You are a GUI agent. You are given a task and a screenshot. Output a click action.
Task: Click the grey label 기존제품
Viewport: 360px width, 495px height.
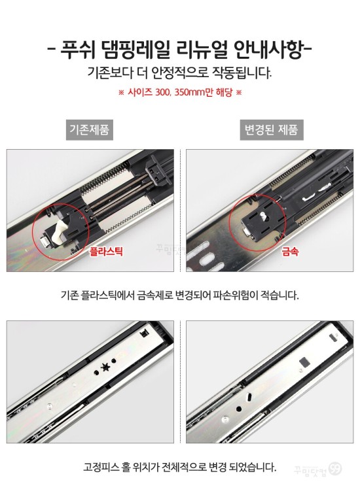pos(90,129)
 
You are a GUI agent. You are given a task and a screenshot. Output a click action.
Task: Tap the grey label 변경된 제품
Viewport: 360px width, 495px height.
pos(272,129)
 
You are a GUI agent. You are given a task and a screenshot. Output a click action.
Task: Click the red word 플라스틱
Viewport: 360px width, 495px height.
pos(106,252)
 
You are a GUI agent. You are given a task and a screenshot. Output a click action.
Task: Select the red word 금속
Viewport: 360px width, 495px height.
pos(290,252)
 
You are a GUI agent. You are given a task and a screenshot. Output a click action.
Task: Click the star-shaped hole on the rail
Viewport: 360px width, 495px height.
pos(105,367)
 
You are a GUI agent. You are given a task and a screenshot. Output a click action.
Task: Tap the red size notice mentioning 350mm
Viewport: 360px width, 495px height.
pos(180,92)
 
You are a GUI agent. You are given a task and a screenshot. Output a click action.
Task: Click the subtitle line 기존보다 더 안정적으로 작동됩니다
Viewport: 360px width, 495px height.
pos(179,73)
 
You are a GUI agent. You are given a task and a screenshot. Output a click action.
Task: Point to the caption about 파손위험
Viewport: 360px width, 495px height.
pos(179,296)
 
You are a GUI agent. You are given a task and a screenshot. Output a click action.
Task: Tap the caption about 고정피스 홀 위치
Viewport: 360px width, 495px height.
pos(179,467)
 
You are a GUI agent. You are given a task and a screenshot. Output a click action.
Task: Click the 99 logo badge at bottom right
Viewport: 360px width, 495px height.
pos(335,469)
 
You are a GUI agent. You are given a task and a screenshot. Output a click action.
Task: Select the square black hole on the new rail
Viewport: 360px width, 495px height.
pos(305,362)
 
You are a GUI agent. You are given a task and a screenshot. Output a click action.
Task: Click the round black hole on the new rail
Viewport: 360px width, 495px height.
pos(239,409)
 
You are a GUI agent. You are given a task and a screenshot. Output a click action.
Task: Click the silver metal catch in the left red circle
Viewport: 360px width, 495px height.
pos(45,243)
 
